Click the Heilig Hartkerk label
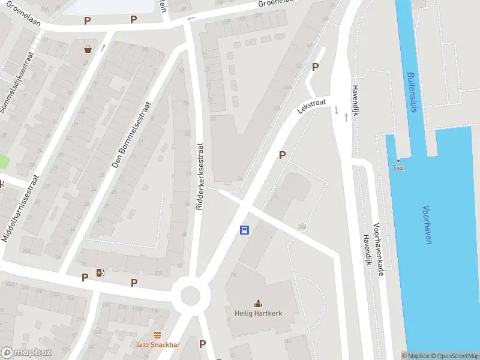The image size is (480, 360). pos(259,314)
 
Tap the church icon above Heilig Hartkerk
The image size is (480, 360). pos(259,303)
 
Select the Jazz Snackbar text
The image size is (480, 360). pos(158,346)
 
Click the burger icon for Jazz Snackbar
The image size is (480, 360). pos(158,335)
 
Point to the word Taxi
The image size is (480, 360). pos(398,168)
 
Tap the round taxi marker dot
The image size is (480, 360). pos(398,160)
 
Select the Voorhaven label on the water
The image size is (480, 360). pos(427,225)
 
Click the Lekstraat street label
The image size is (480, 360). pos(311,107)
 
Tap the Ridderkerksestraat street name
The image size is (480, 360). pos(200,176)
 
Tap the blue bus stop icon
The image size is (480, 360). pos(245,230)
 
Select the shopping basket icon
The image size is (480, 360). pos(88,49)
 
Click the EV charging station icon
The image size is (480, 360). pos(100,274)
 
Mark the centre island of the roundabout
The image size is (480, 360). pos(190,295)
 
